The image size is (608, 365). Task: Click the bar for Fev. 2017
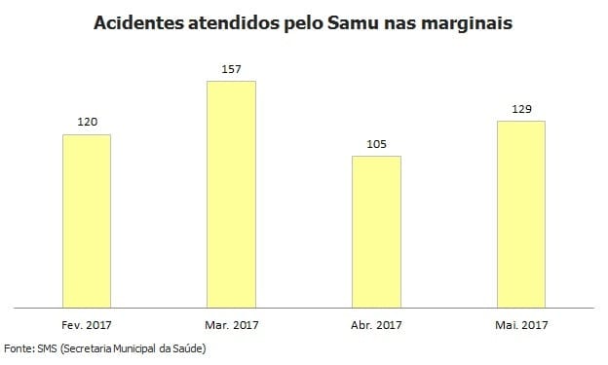(87, 221)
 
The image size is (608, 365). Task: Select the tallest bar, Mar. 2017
(231, 194)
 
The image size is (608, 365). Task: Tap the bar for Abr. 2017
(376, 232)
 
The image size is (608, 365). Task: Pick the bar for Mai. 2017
(520, 214)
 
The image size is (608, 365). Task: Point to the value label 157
(231, 69)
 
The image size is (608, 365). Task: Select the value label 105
(376, 145)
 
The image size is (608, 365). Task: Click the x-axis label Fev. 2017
(87, 324)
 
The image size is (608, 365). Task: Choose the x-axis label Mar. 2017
(231, 324)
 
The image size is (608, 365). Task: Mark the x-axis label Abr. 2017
(376, 324)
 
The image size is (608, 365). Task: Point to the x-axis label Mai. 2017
(520, 324)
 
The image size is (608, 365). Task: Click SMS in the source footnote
(46, 347)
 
